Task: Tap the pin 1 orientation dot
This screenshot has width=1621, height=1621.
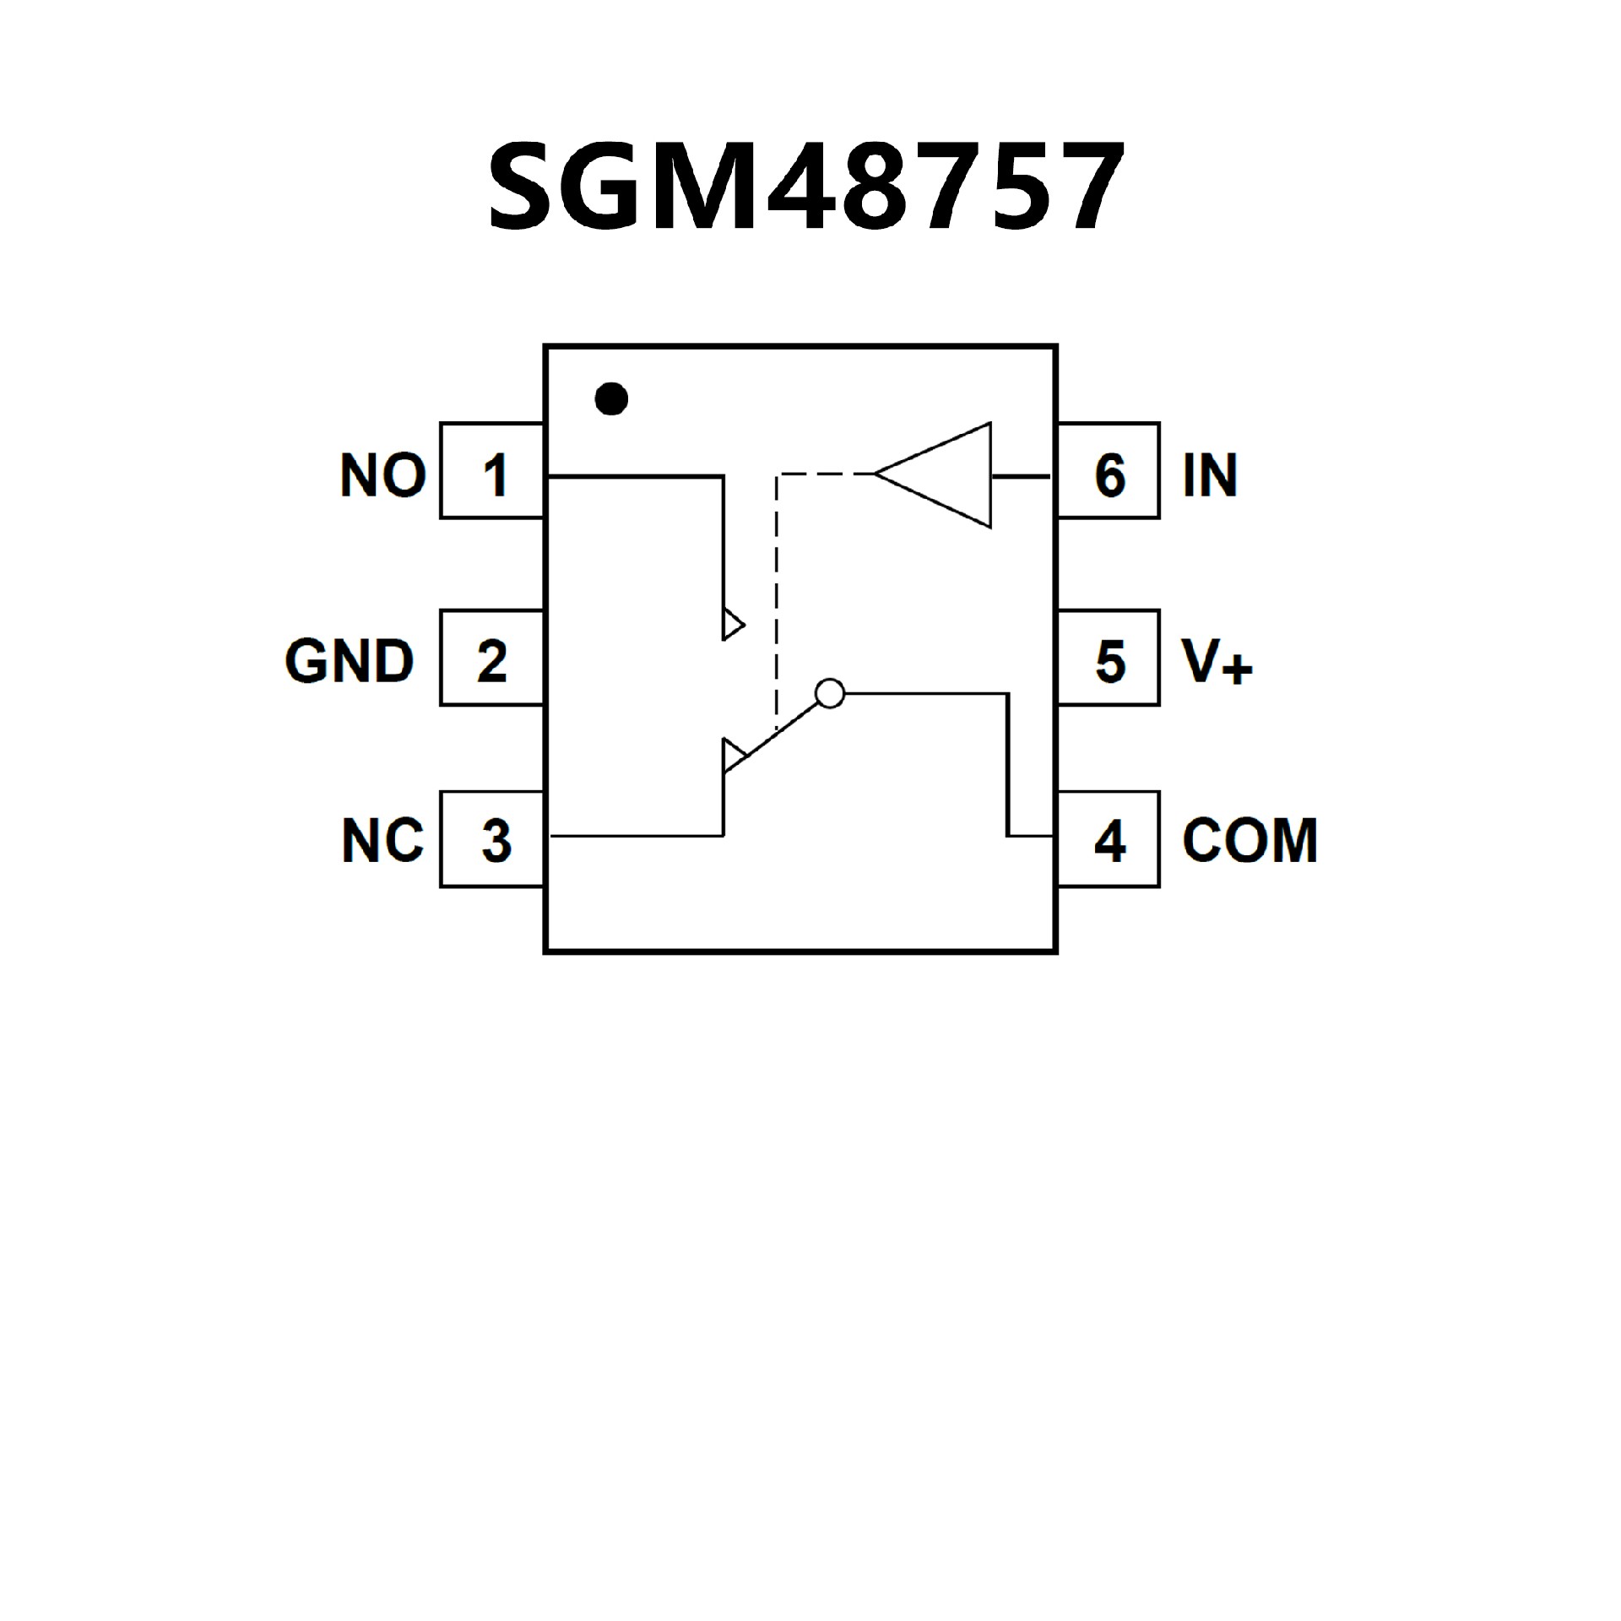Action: [x=611, y=398]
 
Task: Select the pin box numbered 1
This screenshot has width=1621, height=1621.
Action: [x=492, y=471]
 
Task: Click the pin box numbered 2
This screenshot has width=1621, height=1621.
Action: [x=492, y=658]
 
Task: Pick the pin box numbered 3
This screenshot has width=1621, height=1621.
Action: [x=492, y=839]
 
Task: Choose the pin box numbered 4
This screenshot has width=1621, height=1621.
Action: [x=1109, y=839]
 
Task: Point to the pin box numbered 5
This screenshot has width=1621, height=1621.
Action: [x=1109, y=658]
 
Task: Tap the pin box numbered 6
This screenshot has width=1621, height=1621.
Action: [x=1109, y=471]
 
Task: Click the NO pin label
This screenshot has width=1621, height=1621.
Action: [x=382, y=474]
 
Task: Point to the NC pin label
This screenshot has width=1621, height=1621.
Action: [x=382, y=841]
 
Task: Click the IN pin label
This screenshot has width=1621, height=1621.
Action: [x=1210, y=474]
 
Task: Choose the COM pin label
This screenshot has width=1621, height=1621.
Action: [x=1250, y=841]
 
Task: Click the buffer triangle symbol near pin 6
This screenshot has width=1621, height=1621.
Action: [x=946, y=475]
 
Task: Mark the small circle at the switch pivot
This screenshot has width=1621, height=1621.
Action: [x=830, y=693]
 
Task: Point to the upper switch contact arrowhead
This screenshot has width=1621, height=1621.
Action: [x=732, y=626]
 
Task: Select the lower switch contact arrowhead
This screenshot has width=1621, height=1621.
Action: [x=732, y=754]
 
